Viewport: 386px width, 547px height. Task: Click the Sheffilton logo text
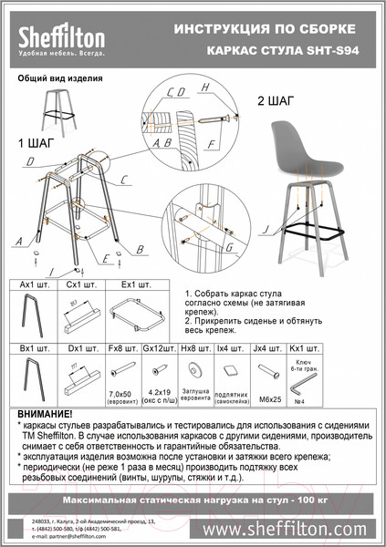(x=61, y=35)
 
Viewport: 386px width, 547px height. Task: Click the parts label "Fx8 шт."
(x=120, y=349)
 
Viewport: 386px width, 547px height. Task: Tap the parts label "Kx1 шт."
(x=300, y=349)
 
